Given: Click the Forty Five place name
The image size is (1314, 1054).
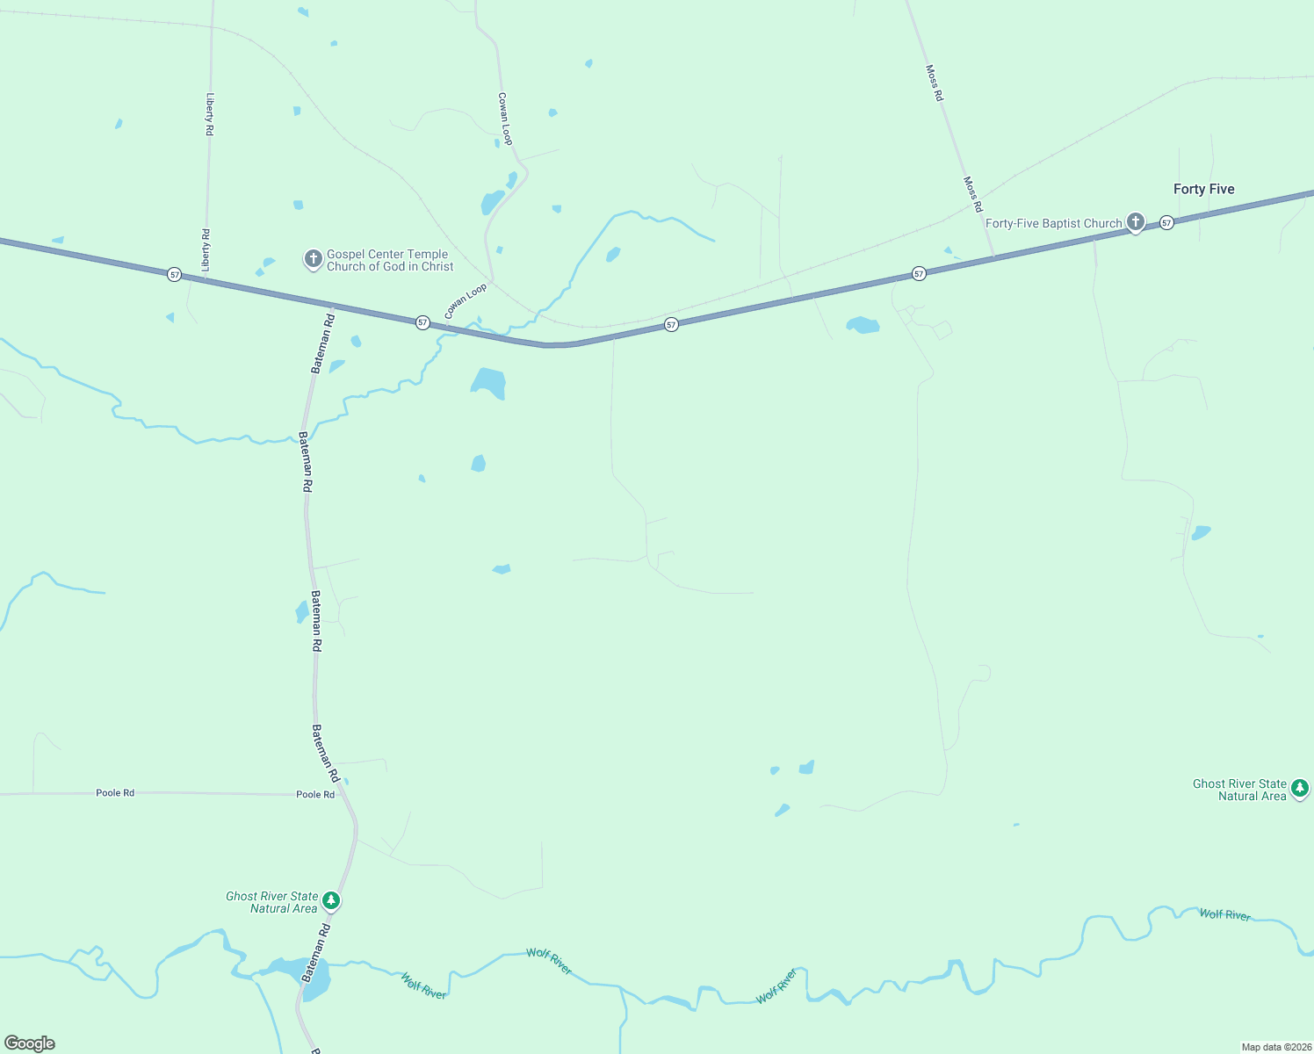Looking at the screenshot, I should pos(1203,189).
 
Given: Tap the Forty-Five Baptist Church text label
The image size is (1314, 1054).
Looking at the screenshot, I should pos(1053,223).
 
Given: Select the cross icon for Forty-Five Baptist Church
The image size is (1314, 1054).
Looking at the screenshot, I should pos(1135,221).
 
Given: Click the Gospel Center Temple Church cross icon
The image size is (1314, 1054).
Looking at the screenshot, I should pos(313,258).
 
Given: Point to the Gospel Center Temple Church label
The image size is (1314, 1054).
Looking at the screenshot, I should pos(389,260).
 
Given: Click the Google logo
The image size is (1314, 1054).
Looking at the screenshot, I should pos(30,1043).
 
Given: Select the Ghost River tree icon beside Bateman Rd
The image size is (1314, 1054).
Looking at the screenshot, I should pos(331,900).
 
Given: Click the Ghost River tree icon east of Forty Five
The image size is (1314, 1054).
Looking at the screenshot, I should pos(1300,788).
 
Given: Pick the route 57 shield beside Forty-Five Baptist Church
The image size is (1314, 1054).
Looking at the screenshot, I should pos(1166,223).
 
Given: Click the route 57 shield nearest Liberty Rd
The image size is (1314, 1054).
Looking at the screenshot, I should pos(175,275).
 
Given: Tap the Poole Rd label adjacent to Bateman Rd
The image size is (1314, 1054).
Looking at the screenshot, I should pos(315,794).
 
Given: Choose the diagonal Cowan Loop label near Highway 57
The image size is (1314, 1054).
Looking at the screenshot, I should pos(465,301).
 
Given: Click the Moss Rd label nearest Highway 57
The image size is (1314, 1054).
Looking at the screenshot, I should pos(972,194).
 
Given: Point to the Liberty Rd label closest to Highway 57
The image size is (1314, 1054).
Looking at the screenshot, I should pos(206,249).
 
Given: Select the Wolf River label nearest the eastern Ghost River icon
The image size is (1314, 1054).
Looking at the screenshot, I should pos(1224,914).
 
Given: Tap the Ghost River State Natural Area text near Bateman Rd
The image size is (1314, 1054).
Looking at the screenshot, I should pos(271,902).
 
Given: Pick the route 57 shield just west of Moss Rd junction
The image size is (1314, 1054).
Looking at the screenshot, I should pos(919,274).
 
